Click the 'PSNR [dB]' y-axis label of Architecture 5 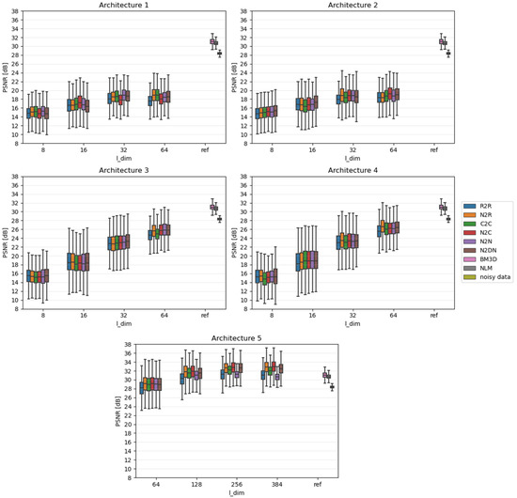(121, 411)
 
